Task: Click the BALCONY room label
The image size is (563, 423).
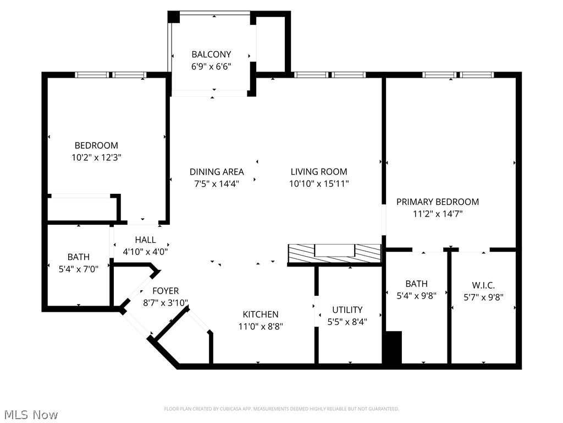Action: [x=211, y=55]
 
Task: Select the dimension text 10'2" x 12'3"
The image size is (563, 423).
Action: [x=96, y=158]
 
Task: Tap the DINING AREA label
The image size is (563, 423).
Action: [x=217, y=172]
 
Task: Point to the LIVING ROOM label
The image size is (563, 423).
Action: [x=319, y=172]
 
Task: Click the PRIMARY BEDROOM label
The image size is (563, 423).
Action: [x=438, y=202]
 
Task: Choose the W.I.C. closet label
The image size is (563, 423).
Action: [x=483, y=285]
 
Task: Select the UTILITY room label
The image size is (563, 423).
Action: [x=347, y=310]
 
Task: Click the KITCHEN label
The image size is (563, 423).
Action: [x=261, y=314]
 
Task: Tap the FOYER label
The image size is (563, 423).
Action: [x=165, y=291]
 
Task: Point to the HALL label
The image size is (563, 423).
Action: [x=145, y=240]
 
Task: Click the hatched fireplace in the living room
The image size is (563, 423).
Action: [x=334, y=253]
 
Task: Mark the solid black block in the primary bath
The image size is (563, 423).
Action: [x=392, y=347]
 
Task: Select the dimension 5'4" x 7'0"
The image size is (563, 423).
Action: [x=79, y=269]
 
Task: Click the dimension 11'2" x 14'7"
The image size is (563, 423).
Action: [x=438, y=214]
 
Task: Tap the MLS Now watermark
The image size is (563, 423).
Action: [x=30, y=414]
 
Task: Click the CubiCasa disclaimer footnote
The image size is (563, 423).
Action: [x=281, y=409]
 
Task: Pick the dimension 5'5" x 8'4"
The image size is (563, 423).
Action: [x=347, y=322]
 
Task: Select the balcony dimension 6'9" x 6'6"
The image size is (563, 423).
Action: [x=211, y=67]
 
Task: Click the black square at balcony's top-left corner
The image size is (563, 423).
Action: [x=174, y=17]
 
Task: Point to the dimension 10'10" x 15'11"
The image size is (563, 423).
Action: [x=319, y=184]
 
